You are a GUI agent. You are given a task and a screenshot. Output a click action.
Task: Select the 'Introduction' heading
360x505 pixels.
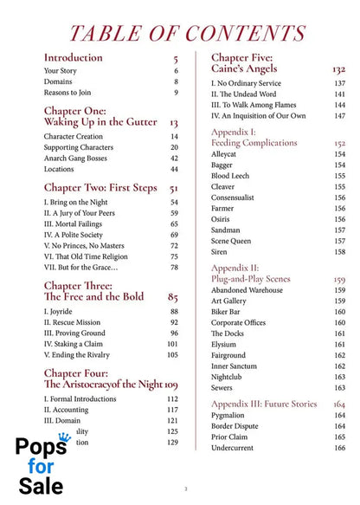pos(73,58)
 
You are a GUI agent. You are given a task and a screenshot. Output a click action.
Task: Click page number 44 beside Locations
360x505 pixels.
pos(174,170)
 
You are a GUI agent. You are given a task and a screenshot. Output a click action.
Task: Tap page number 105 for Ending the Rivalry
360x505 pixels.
pos(172,355)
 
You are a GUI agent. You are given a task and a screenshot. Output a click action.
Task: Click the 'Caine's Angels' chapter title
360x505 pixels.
pos(245,68)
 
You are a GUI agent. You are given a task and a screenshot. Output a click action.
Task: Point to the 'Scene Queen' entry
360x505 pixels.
pos(235,241)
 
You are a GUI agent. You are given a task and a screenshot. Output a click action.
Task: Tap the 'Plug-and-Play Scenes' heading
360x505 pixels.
pos(255,280)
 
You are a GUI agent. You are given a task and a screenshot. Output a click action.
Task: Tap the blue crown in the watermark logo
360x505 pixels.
pos(64,437)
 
